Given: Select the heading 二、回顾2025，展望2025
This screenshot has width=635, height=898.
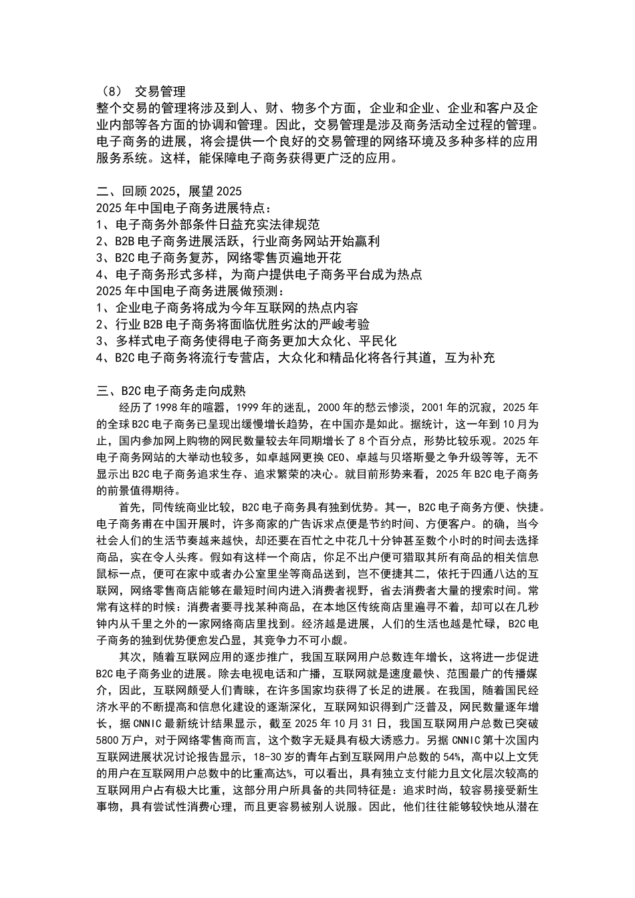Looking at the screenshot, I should point(168,191).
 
